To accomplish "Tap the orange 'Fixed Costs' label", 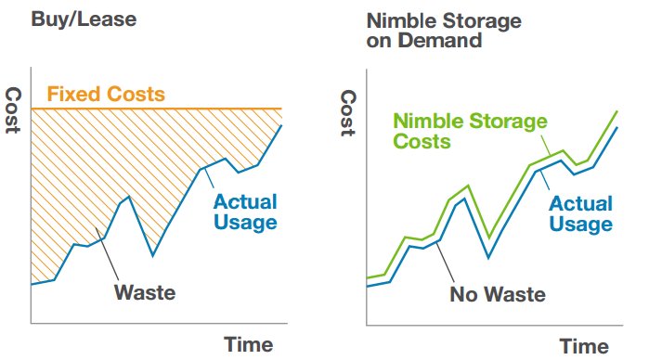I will coord(106,95).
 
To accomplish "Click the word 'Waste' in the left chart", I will coord(145,293).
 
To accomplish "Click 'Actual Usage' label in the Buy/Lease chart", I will coord(245,211).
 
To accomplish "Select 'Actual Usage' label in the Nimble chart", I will coord(580,213).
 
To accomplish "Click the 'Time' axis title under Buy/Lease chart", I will coord(248,344).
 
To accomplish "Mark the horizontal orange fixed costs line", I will coord(186,109).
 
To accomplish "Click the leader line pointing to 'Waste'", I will coord(105,253).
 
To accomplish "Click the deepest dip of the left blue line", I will coord(152,255).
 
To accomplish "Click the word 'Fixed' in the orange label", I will coord(68,95).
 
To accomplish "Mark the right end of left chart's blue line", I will coord(281,125).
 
